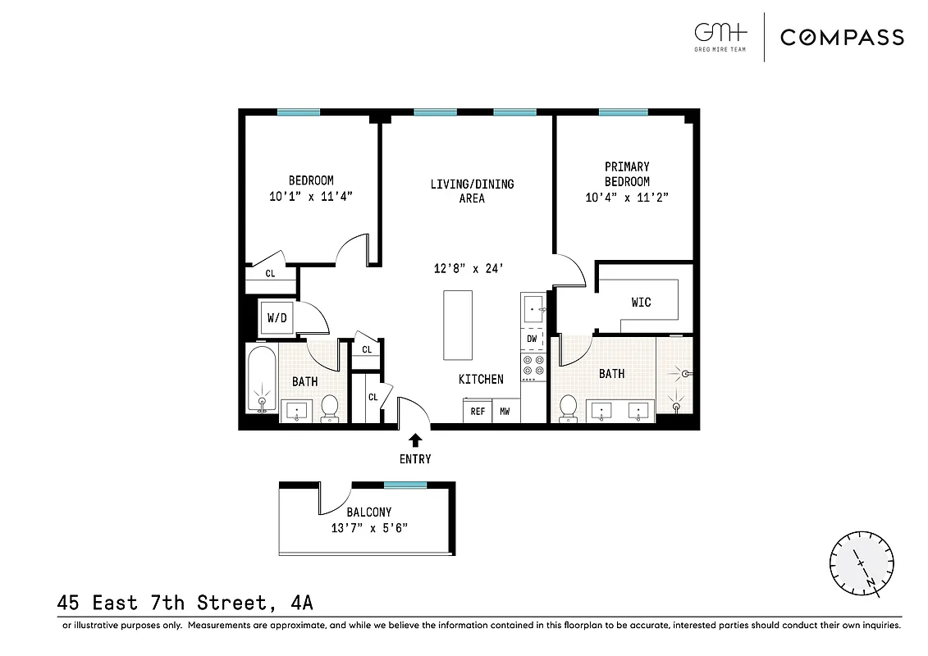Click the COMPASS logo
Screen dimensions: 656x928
pyautogui.click(x=842, y=37)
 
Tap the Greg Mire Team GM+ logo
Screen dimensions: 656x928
pyautogui.click(x=721, y=35)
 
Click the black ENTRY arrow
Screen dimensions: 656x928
pyautogui.click(x=415, y=440)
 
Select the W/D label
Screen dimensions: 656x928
pyautogui.click(x=277, y=318)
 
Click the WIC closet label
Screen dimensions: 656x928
pyautogui.click(x=641, y=303)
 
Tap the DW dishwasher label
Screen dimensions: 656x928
pyautogui.click(x=532, y=339)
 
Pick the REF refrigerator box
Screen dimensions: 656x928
pyautogui.click(x=477, y=412)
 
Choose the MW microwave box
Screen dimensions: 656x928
pyautogui.click(x=505, y=412)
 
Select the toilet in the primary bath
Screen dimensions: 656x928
pyautogui.click(x=567, y=407)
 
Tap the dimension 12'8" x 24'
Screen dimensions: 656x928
pyautogui.click(x=467, y=267)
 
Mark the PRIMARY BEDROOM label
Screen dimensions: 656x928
pyautogui.click(x=627, y=174)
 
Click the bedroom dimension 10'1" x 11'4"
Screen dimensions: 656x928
pyautogui.click(x=310, y=196)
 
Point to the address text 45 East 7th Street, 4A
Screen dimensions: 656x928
pyautogui.click(x=185, y=603)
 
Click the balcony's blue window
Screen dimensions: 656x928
pyautogui.click(x=405, y=485)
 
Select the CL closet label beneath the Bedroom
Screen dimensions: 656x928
pyautogui.click(x=270, y=274)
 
